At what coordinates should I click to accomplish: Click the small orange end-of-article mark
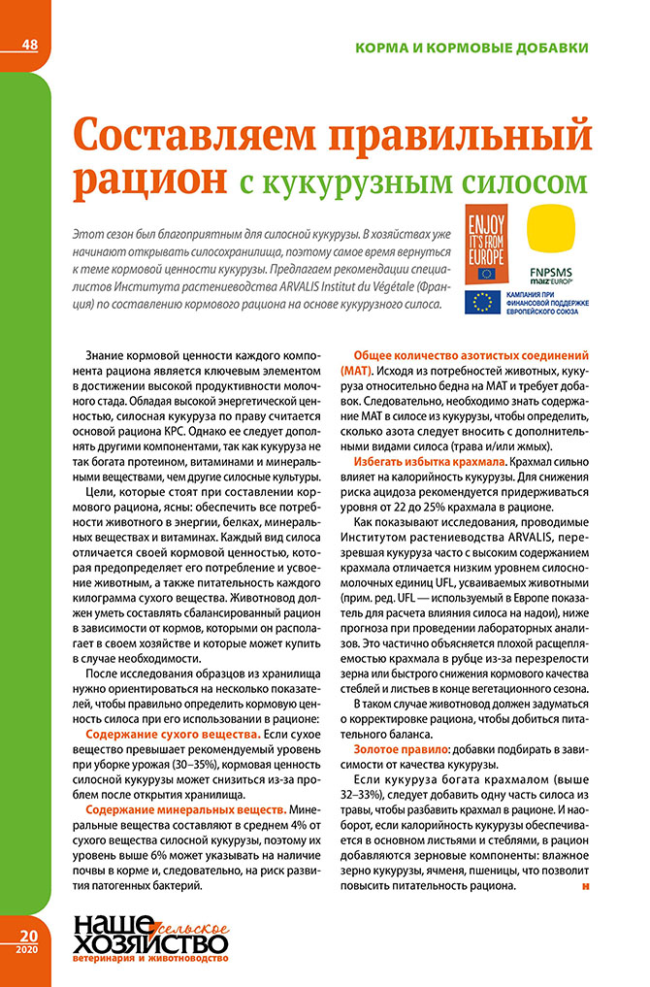pyautogui.click(x=585, y=885)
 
